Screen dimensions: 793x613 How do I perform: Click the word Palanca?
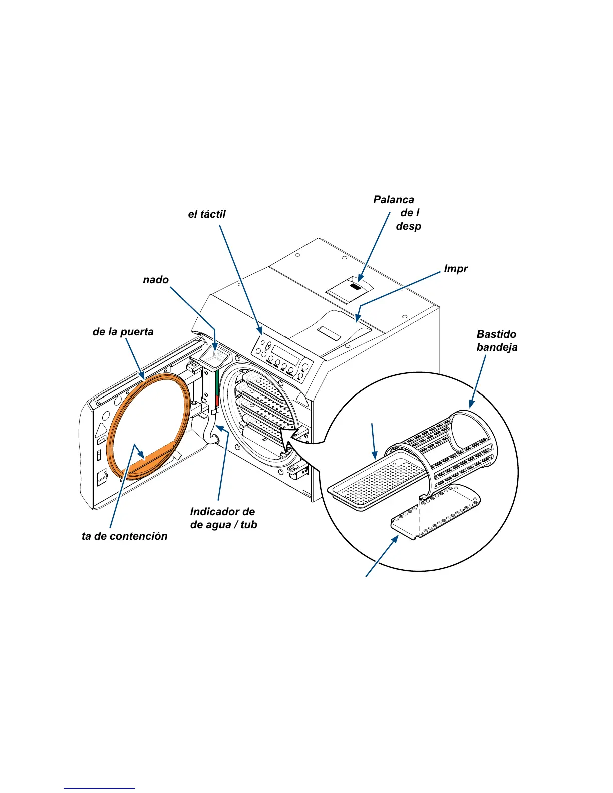[x=394, y=200]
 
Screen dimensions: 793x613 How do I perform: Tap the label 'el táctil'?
[x=207, y=214]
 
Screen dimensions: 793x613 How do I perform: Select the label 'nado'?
[x=156, y=280]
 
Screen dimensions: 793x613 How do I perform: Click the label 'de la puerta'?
[x=123, y=332]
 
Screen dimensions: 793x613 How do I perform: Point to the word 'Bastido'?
[x=496, y=334]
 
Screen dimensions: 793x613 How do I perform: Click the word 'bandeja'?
[x=497, y=347]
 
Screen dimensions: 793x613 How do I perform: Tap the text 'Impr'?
[x=456, y=269]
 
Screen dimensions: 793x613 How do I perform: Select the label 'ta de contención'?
[x=125, y=536]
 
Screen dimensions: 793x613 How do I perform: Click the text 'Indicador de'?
[x=222, y=512]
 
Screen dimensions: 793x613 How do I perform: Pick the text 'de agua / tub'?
[x=223, y=525]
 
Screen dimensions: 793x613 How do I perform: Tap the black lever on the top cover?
[x=355, y=287]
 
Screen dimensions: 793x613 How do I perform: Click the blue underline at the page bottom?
[x=99, y=788]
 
